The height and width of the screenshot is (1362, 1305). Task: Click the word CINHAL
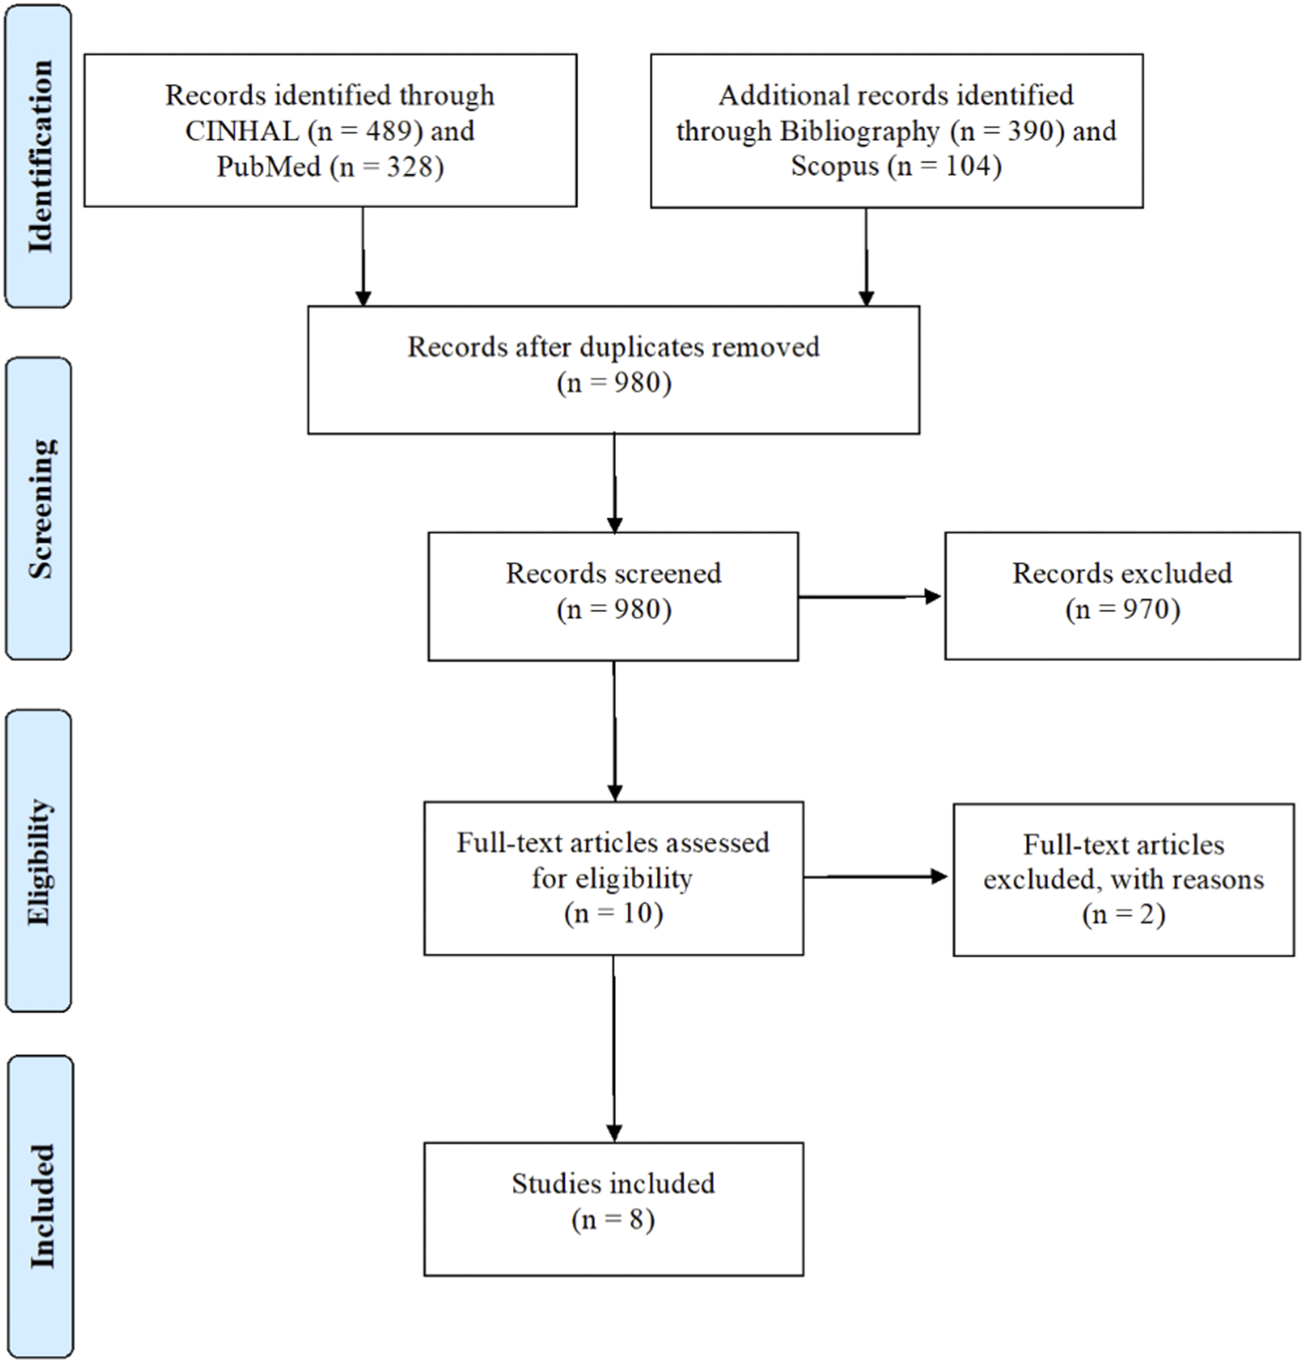242,131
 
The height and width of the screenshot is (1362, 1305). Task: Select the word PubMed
268,167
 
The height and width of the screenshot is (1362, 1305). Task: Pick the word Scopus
835,167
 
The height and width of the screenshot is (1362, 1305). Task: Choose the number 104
968,167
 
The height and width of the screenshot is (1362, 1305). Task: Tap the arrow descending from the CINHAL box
363,257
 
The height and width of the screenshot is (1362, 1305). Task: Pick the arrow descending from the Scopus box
866,257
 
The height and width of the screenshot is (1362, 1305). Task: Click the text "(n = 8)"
614,1219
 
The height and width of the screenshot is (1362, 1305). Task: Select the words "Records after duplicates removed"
614,347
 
